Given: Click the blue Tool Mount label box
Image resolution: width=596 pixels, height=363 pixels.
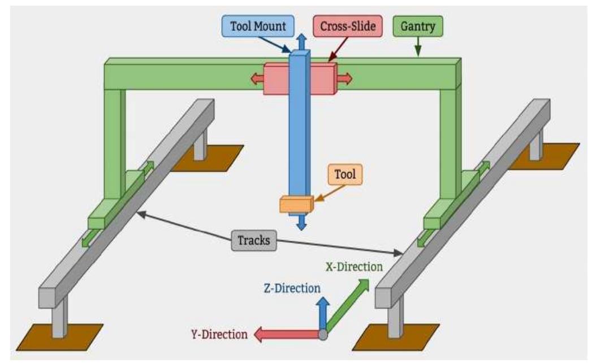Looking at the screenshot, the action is (x=258, y=26).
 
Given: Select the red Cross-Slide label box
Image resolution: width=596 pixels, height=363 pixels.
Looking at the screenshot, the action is (x=348, y=26).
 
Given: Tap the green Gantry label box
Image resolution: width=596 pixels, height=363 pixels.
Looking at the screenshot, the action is (x=418, y=26).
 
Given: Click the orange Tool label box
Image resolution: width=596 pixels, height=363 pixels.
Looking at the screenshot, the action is (x=345, y=174).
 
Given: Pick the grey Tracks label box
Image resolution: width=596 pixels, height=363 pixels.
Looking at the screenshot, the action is (x=254, y=240).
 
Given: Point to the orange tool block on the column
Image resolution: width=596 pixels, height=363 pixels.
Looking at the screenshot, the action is (x=296, y=204).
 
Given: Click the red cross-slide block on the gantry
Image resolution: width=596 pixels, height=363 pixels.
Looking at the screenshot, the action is (x=300, y=79).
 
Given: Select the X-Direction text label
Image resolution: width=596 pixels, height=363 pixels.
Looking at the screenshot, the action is (x=354, y=267).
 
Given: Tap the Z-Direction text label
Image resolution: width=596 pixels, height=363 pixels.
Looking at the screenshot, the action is (x=292, y=288).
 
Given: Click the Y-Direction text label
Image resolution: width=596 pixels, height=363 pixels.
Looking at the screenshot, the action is (x=219, y=335).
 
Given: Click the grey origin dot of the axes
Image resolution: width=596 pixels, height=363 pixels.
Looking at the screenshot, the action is (x=323, y=335).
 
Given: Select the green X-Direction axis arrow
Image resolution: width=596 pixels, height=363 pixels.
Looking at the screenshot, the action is (x=347, y=306).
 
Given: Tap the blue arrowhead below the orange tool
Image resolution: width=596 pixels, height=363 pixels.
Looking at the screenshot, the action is (x=301, y=223).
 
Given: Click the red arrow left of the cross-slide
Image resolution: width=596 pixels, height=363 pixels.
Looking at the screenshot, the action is (x=257, y=79).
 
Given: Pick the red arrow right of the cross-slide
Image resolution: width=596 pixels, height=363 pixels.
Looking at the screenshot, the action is (x=344, y=79).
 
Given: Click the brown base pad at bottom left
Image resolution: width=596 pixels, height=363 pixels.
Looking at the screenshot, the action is (x=60, y=337).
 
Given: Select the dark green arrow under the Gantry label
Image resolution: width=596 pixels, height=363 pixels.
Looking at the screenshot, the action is (x=418, y=47).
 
